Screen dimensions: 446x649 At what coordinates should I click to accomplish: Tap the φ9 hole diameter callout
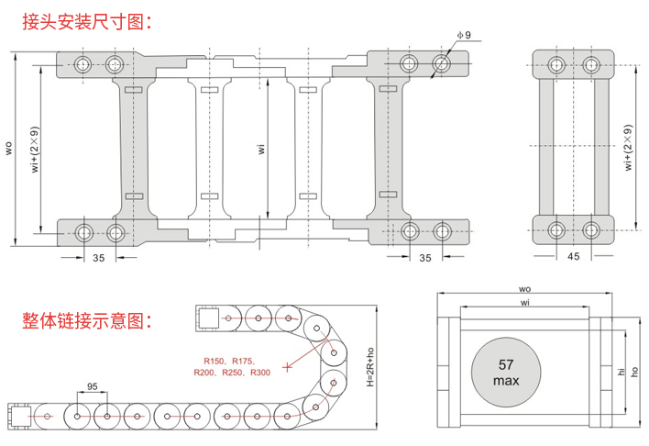click(x=463, y=35)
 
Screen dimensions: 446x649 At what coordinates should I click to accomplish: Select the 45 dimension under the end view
click(x=574, y=258)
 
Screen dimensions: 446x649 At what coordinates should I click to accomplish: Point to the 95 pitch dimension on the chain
click(x=92, y=386)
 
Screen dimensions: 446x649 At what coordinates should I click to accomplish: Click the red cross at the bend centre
click(x=288, y=367)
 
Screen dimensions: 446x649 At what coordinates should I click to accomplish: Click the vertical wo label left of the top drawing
click(x=8, y=147)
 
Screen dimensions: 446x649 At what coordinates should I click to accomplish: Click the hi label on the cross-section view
click(x=620, y=372)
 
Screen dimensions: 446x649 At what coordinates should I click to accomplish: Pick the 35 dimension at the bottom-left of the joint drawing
click(x=98, y=258)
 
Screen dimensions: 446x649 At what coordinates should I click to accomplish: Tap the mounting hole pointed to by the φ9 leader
click(x=442, y=64)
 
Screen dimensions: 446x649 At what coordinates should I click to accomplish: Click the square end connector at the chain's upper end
click(x=207, y=318)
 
